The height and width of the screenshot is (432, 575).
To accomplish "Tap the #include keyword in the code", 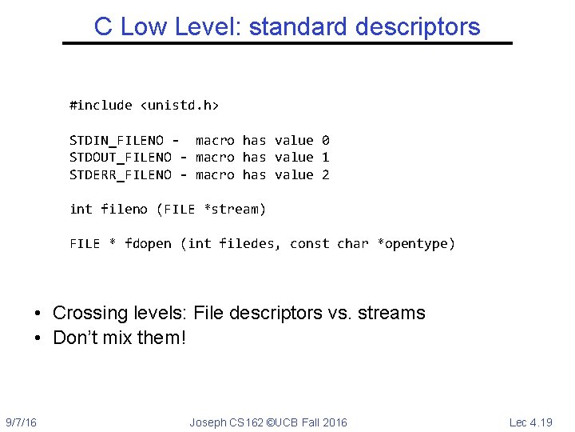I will (101, 105).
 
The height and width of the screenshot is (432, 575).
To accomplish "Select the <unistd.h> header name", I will (180, 105).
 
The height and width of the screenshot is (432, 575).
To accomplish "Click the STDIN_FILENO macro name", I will (117, 140).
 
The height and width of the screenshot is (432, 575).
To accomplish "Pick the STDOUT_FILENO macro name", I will (121, 158).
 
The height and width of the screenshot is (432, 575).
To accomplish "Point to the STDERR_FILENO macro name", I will (121, 174).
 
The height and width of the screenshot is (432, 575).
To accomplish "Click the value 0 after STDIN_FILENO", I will (325, 140).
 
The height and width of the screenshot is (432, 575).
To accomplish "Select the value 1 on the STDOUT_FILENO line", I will (325, 158).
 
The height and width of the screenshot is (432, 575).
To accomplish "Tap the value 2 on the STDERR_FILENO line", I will (325, 174).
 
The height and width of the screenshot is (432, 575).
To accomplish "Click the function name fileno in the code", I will (125, 210).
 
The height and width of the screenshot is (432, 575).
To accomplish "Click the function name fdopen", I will (148, 243).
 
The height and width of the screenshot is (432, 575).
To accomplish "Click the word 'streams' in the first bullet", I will (392, 313).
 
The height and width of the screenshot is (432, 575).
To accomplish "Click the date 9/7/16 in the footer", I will (21, 422).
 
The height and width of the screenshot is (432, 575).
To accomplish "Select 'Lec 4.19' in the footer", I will (531, 422).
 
